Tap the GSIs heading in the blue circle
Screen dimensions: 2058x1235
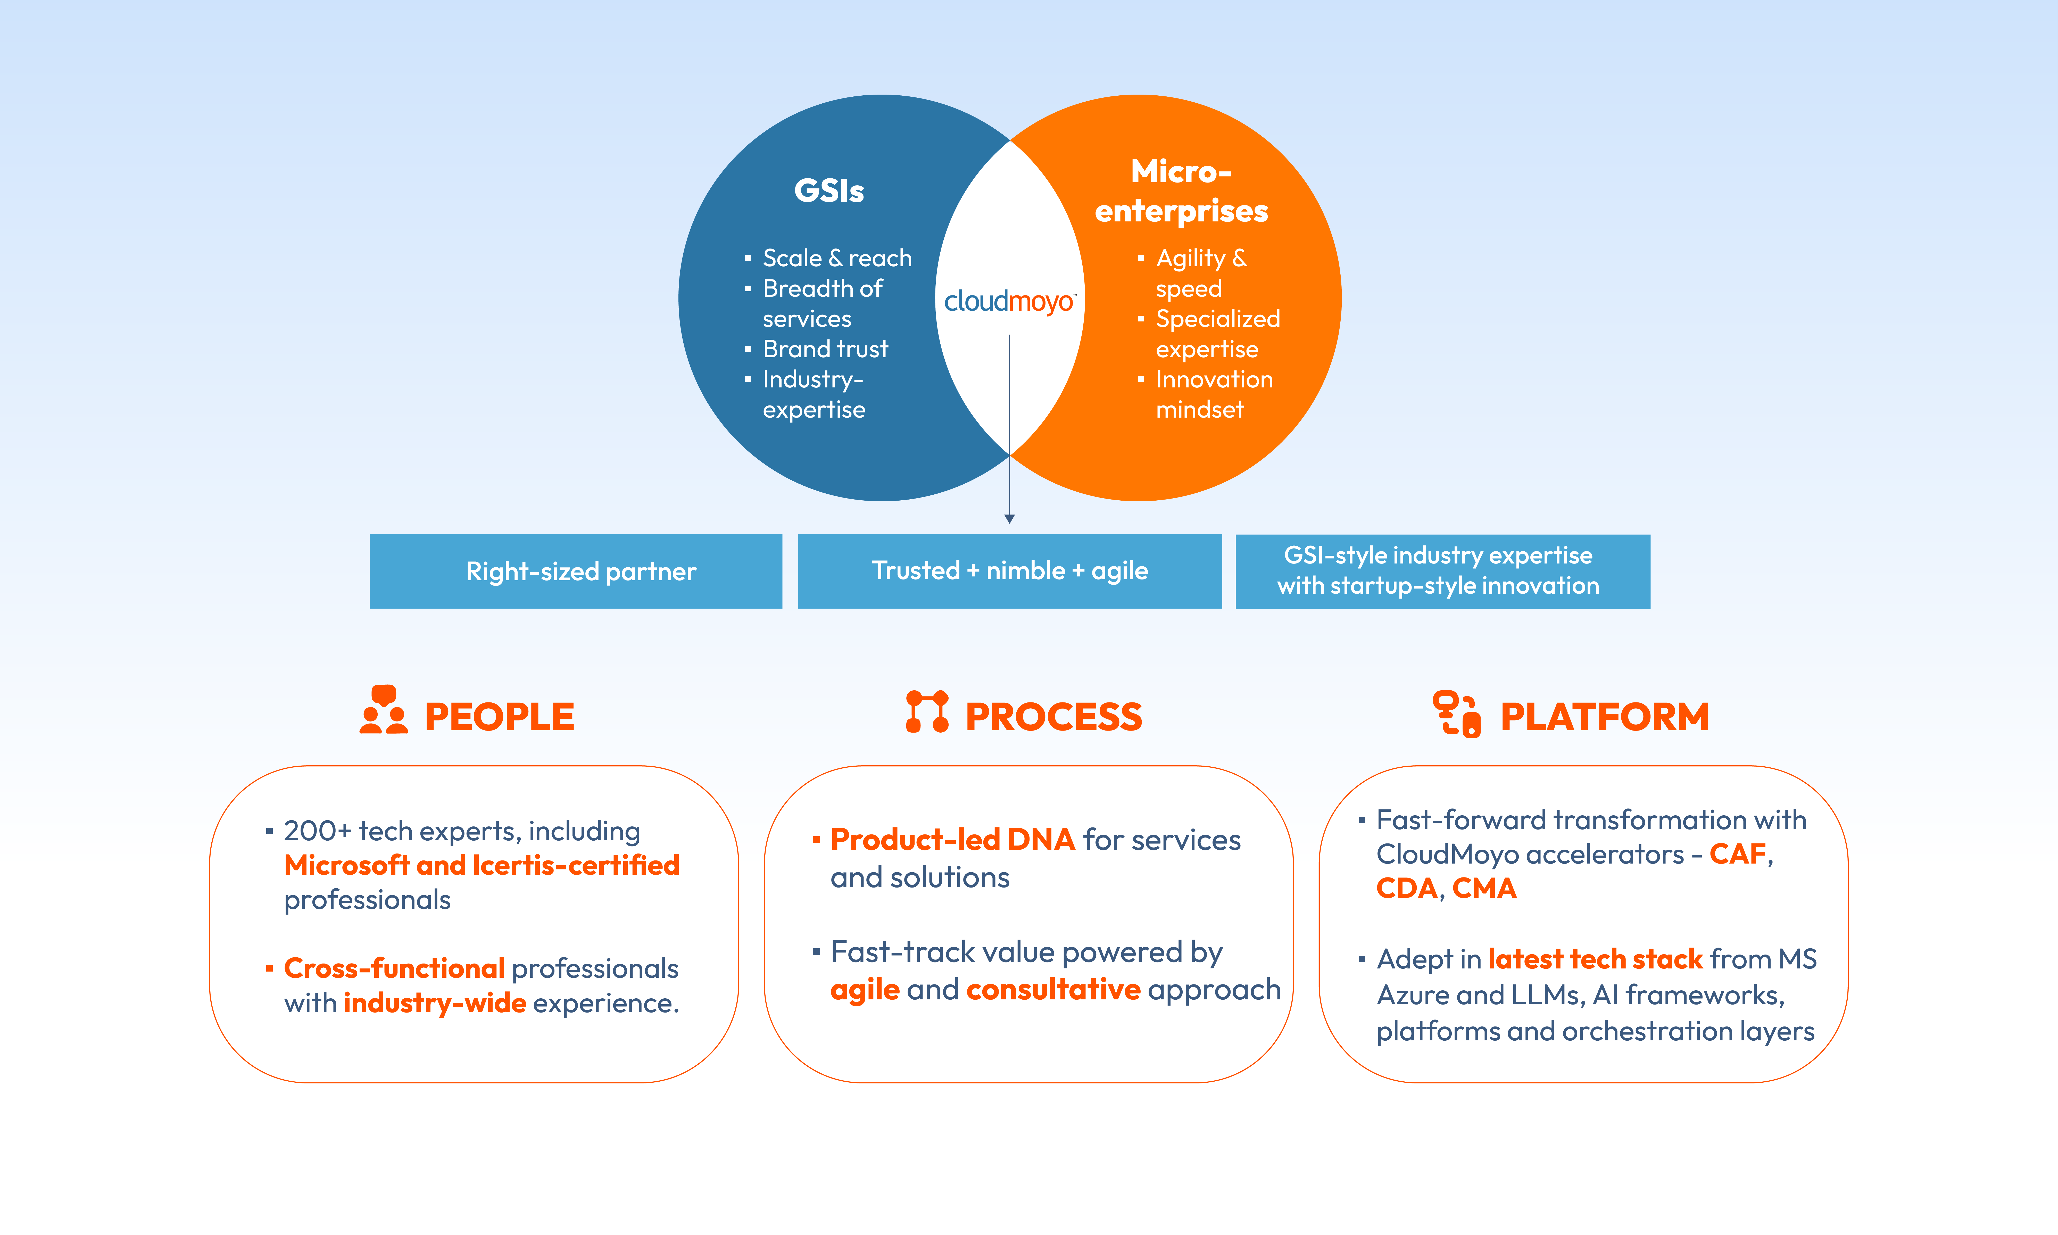[x=829, y=190]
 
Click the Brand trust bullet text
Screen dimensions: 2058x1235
[x=825, y=349]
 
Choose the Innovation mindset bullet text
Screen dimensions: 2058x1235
[x=1214, y=394]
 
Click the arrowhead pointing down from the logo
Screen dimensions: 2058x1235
[x=1009, y=518]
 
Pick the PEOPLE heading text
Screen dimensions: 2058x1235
[x=499, y=717]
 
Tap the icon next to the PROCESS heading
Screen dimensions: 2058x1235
[x=927, y=711]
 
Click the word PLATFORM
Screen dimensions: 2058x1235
[x=1604, y=717]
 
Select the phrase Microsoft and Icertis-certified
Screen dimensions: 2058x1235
[x=482, y=866]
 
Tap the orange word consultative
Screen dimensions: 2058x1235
[x=1053, y=990]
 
